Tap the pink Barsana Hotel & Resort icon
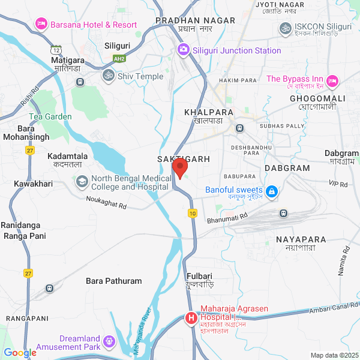click(x=41, y=24)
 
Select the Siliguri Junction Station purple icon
click(x=184, y=50)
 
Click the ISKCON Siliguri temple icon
click(x=285, y=28)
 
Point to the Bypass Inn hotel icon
click(x=333, y=79)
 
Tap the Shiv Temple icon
click(x=109, y=76)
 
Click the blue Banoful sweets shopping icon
click(x=272, y=190)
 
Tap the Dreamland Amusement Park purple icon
click(x=109, y=342)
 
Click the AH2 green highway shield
click(x=120, y=58)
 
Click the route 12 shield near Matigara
click(x=56, y=49)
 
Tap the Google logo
click(x=20, y=353)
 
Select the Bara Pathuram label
click(x=114, y=281)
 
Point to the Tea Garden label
click(x=50, y=116)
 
